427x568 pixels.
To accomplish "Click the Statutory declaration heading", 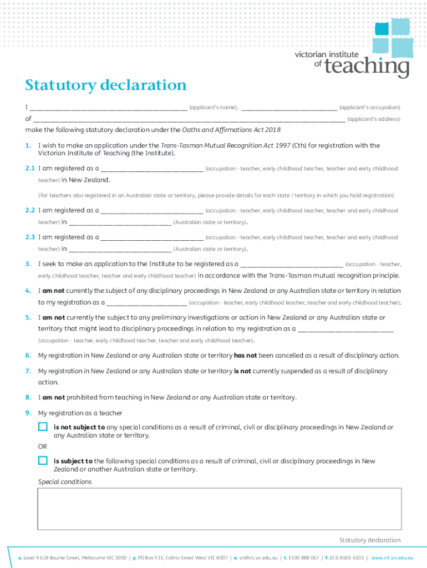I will [x=105, y=85].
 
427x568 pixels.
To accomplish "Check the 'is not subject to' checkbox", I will [x=43, y=427].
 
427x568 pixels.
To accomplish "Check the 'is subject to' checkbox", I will [x=43, y=460].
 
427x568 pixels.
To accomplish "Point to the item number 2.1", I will [x=30, y=168].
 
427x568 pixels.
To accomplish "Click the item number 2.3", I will [x=30, y=237].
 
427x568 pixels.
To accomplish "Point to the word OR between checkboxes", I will [x=43, y=447].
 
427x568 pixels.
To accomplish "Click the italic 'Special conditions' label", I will [x=65, y=482].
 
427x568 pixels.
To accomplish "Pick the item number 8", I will [x=28, y=398].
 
